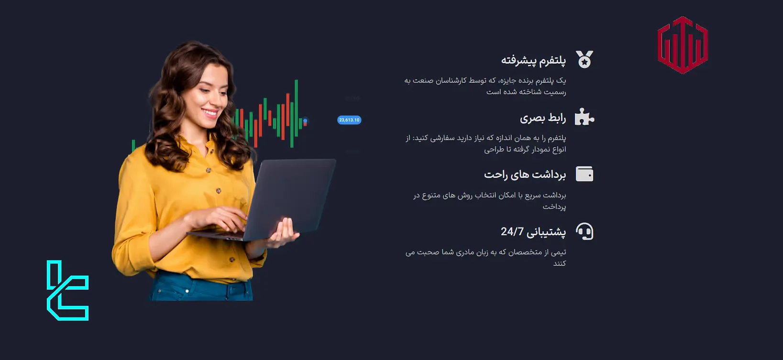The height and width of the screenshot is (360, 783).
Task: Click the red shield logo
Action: pos(683,45)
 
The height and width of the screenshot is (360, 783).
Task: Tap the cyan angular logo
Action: pos(67,291)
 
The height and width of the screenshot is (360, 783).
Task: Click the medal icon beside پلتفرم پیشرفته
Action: pos(584,59)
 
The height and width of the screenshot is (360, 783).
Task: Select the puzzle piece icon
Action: pos(584,117)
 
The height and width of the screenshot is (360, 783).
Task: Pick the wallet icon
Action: pos(584,174)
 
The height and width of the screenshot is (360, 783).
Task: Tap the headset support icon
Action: pos(584,231)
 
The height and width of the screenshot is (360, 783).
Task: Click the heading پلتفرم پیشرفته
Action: pos(533,60)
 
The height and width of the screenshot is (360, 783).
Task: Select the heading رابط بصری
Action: pos(542,118)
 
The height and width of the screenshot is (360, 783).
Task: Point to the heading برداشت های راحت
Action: pos(525,175)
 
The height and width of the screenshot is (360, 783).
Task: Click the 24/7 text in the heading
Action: pos(512,231)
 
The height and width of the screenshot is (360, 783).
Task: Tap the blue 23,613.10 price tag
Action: pos(349,120)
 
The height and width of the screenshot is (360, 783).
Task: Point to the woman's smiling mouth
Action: pos(210,113)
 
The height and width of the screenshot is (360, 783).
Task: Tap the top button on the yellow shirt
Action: pos(209,170)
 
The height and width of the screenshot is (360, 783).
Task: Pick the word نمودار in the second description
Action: pos(531,150)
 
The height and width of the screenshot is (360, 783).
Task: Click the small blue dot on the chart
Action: pos(305,121)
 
